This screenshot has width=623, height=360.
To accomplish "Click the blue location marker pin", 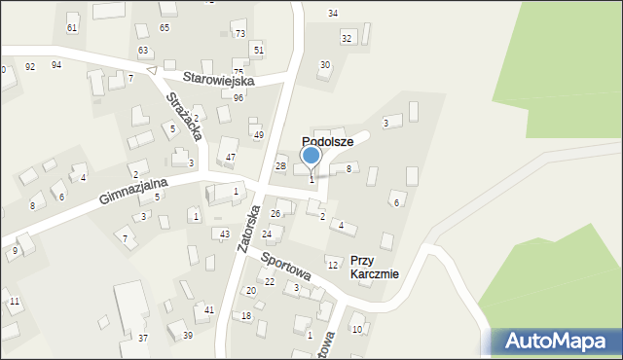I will point(311,157).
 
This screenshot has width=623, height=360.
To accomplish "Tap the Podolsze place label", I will point(327,141).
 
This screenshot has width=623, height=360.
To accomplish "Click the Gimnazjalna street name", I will point(133,191).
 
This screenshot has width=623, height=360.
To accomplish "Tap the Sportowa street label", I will point(285,268).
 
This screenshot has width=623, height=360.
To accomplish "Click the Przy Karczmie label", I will point(375,267).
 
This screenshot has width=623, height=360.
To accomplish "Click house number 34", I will point(333,13).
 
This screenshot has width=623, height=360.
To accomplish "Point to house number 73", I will point(240,33).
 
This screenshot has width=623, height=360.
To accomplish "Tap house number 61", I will point(72,28).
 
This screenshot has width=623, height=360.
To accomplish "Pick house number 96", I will point(238,97).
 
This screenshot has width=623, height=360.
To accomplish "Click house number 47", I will point(231,157).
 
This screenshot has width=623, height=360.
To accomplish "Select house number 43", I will point(225,234).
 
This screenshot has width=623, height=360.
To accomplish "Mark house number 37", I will point(143,338).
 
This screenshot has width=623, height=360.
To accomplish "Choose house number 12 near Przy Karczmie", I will point(332,265).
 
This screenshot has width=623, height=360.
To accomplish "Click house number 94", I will point(56,64).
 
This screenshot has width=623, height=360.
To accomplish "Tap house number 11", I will point(15,302).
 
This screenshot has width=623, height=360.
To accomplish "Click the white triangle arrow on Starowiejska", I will point(151,70).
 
